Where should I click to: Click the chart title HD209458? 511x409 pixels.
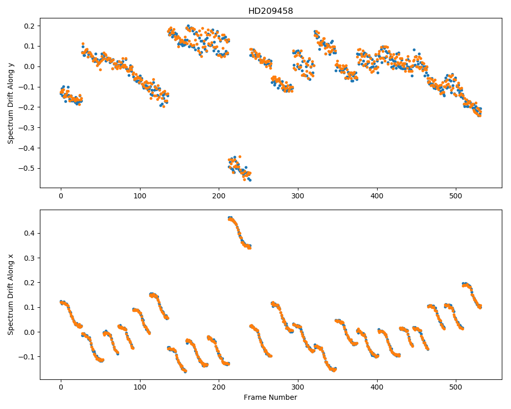(x=270, y=11)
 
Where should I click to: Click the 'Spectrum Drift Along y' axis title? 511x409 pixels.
(x=11, y=103)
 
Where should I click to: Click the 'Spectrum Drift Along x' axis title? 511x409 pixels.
(x=11, y=294)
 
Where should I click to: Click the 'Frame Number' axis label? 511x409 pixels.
(x=270, y=397)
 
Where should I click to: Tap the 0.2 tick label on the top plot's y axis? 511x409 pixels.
(x=31, y=26)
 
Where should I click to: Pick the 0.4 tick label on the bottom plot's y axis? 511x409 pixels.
(x=31, y=234)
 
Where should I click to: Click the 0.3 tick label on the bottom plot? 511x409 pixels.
(x=31, y=258)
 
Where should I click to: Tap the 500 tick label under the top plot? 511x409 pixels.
(x=456, y=196)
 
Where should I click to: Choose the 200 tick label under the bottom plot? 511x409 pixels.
(x=219, y=388)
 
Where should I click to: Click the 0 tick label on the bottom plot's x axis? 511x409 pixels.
(x=61, y=388)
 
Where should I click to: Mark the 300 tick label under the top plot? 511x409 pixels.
(x=298, y=196)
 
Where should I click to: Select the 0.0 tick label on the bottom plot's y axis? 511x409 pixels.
(x=31, y=332)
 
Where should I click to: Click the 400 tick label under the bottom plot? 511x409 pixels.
(x=377, y=388)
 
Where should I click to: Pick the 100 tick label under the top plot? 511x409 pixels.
(x=140, y=196)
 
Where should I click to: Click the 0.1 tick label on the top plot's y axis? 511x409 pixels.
(x=31, y=47)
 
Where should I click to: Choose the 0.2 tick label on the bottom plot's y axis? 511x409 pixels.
(x=31, y=283)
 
